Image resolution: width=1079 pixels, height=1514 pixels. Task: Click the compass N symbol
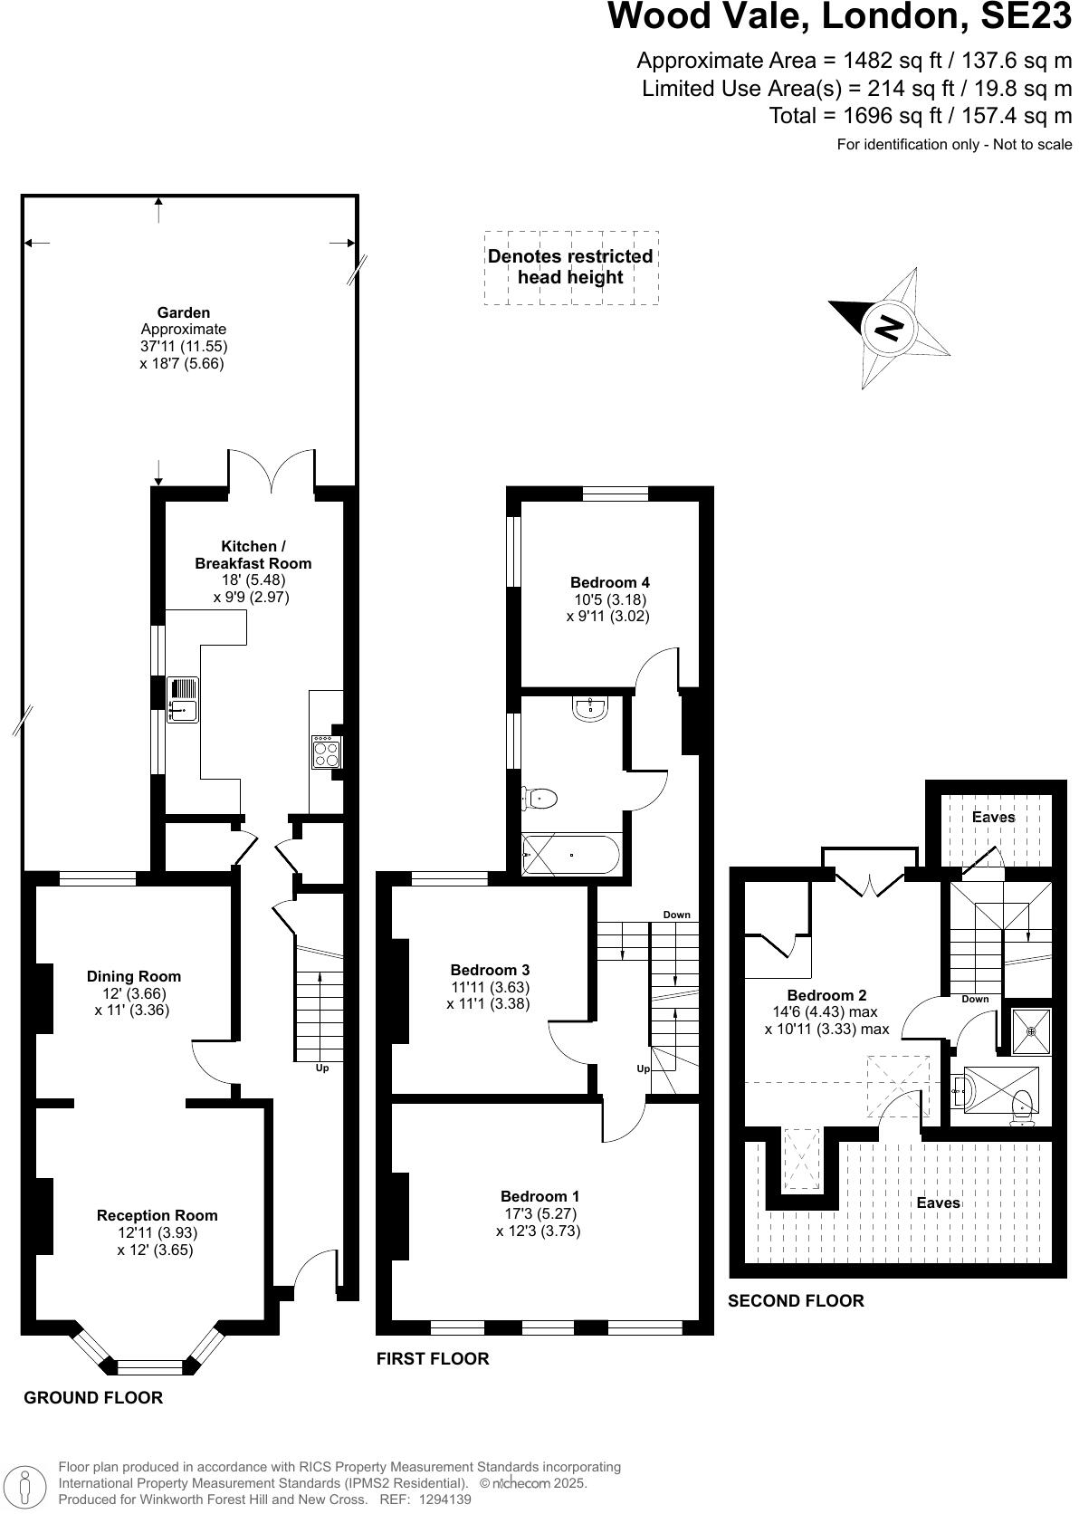tap(890, 327)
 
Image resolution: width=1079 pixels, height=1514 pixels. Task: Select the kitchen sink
tap(182, 700)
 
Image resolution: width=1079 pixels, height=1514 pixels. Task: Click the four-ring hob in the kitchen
tap(326, 752)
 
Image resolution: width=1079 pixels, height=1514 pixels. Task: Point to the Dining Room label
tap(134, 976)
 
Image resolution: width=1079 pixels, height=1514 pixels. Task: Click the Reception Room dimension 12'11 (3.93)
tap(158, 1232)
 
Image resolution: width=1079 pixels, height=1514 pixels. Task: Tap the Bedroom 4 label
tap(609, 582)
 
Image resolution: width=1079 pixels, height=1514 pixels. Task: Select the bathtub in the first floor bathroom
tap(571, 853)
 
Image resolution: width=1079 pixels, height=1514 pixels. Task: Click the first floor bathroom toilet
tap(540, 798)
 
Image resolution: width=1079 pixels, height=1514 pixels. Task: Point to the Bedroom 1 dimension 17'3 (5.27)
tap(539, 1213)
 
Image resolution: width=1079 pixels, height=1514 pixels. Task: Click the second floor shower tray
tap(1030, 1031)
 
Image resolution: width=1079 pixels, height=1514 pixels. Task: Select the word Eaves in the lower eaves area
tap(938, 1203)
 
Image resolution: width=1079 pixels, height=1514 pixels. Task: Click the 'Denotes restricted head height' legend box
tap(570, 267)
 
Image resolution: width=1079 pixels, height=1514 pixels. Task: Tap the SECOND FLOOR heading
tap(796, 1300)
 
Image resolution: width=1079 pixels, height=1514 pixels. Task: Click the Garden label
tap(183, 312)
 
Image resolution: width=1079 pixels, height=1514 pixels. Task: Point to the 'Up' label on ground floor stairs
tap(321, 1068)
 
